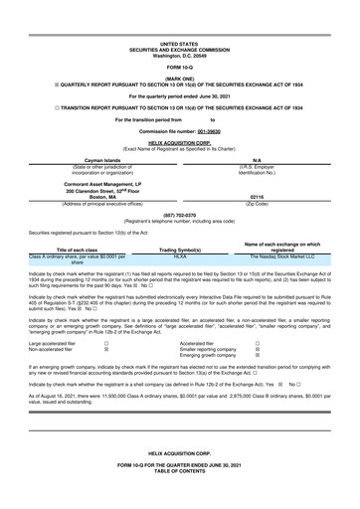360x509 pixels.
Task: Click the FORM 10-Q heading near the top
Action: [x=179, y=67]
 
